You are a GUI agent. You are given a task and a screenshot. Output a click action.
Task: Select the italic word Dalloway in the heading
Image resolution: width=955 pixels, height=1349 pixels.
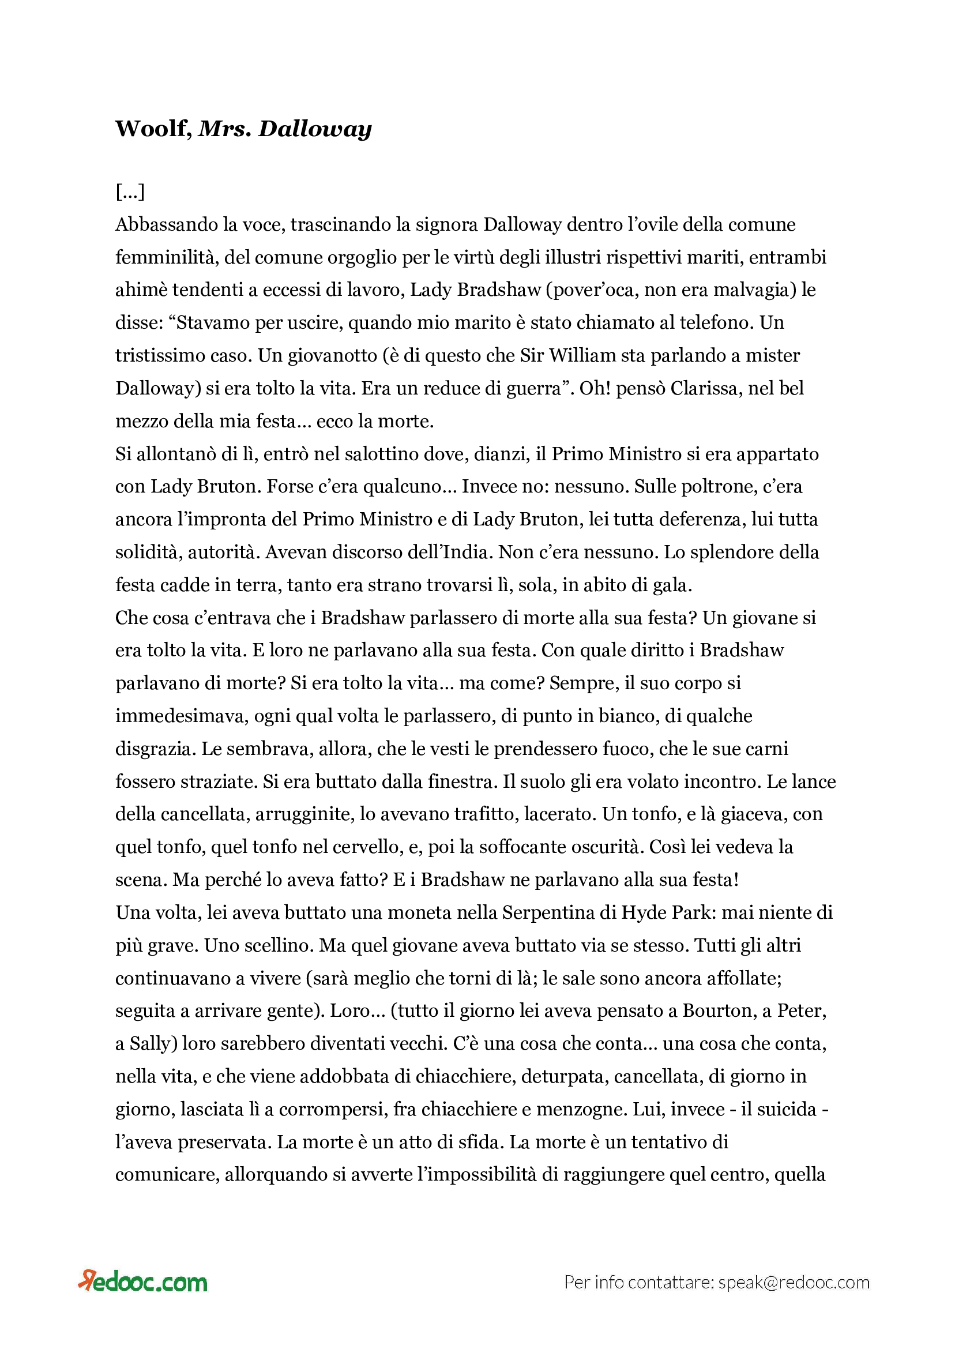[315, 128]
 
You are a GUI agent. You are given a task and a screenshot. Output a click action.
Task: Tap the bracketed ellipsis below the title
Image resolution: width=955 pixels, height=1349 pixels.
[130, 191]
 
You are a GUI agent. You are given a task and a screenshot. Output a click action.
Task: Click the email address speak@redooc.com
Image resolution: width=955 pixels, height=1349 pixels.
[794, 1283]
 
